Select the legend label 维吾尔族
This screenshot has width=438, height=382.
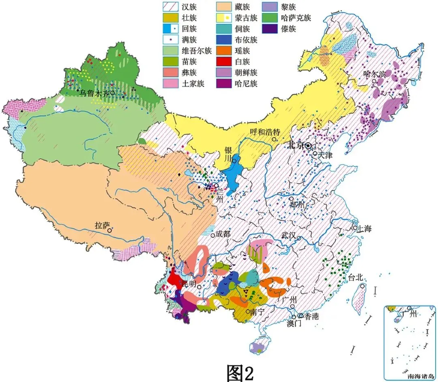coord(197,51)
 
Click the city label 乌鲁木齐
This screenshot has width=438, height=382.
coord(94,93)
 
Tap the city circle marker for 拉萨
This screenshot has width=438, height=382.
coord(109,230)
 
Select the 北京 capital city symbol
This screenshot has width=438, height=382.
coord(308,145)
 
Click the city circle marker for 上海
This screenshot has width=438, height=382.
coord(356,228)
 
